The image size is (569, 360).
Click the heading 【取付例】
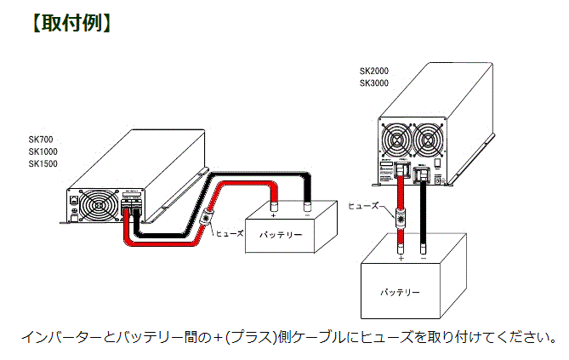pos(71,23)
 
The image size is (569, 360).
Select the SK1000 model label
pos(43,151)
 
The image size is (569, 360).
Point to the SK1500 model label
pos(43,163)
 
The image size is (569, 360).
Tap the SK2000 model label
pos(373,71)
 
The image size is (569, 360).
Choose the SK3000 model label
pos(373,83)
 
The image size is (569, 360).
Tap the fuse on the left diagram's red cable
pos(207,219)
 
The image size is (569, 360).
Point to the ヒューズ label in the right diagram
pos(364,205)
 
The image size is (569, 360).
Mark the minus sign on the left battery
pos(307,215)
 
